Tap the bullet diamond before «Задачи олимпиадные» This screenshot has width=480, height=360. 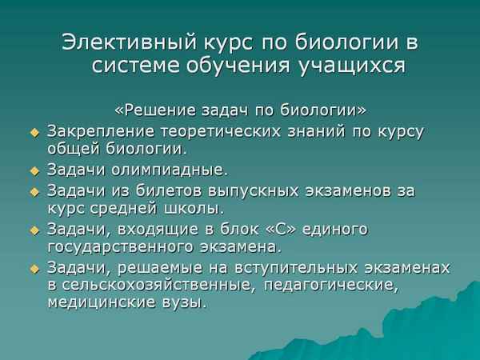pyautogui.click(x=34, y=170)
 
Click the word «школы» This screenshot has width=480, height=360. pyautogui.click(x=194, y=209)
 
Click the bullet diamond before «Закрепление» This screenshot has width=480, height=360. pyautogui.click(x=34, y=130)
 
